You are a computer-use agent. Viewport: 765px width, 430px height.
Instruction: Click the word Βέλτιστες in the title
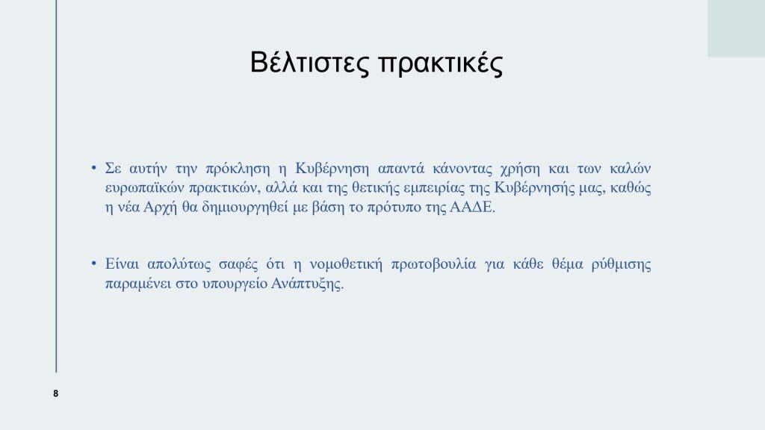click(x=310, y=63)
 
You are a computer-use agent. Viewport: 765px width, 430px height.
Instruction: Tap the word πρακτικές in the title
click(x=441, y=64)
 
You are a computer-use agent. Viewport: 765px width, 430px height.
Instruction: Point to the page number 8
click(x=55, y=393)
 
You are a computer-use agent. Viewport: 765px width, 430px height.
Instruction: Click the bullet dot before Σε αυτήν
click(x=93, y=168)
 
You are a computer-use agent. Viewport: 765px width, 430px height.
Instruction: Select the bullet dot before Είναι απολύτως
click(x=93, y=264)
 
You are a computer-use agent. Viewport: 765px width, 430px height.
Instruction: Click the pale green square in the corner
click(x=736, y=29)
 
